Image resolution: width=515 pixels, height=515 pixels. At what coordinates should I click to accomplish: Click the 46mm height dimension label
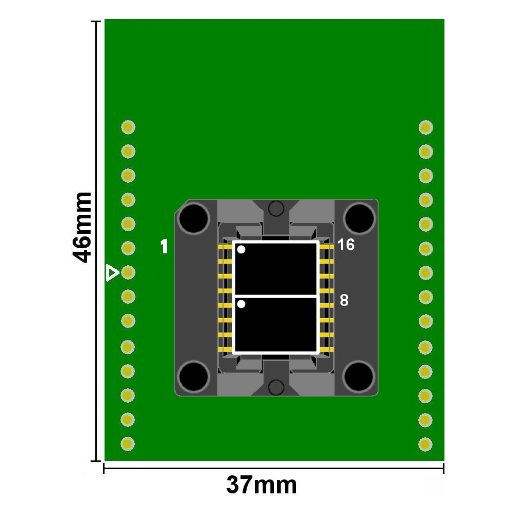pyautogui.click(x=82, y=228)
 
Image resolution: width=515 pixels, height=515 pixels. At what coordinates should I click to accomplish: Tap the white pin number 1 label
pyautogui.click(x=164, y=246)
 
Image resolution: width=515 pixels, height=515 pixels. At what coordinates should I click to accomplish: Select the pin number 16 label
pyautogui.click(x=346, y=245)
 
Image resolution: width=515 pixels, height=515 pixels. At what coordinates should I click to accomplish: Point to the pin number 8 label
pyautogui.click(x=344, y=300)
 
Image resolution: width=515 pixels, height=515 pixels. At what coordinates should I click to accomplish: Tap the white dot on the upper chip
pyautogui.click(x=241, y=250)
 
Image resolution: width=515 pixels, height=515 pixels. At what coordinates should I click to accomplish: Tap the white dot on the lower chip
pyautogui.click(x=241, y=304)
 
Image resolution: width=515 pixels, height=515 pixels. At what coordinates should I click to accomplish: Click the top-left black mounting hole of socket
pyautogui.click(x=194, y=218)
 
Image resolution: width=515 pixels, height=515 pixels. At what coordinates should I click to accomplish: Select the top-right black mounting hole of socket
pyautogui.click(x=359, y=218)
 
